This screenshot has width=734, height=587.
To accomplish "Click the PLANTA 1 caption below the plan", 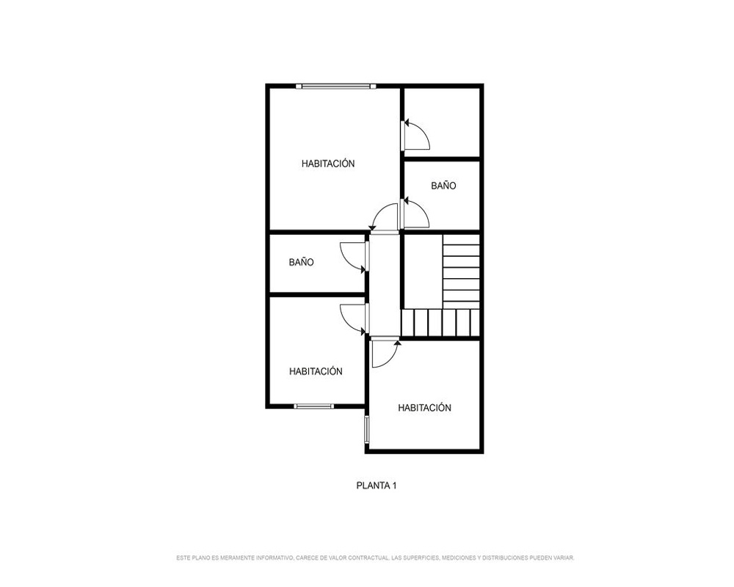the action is coord(377,486).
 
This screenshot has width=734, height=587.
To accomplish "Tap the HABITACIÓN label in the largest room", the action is coord(328,164).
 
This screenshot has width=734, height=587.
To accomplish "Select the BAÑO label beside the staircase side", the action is coord(443,186).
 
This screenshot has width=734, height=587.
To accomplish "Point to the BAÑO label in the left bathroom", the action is coord(301,262).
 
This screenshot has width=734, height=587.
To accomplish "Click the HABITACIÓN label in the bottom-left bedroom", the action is coord(316,371).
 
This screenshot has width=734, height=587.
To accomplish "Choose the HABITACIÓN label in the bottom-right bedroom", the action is coord(424,408).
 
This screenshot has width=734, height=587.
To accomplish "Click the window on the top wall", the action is coord(336,86).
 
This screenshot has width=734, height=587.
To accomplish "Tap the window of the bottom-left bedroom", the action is coord(314,406).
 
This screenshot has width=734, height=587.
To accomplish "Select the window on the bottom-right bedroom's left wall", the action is coord(367,429).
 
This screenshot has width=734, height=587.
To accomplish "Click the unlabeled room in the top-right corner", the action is coord(443,123).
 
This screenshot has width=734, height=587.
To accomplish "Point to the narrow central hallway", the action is coord(385,285).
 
